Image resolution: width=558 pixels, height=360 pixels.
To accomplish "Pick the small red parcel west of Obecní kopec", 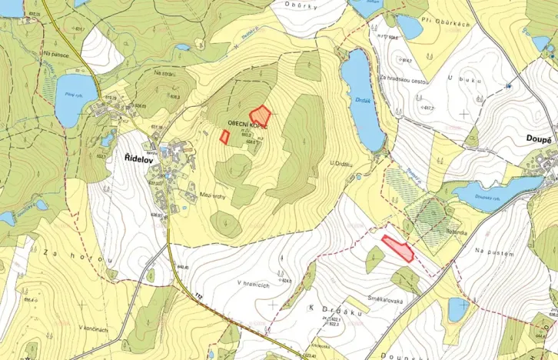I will [225, 136].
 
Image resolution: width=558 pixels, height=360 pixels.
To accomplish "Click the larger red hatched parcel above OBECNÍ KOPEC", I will [261, 115].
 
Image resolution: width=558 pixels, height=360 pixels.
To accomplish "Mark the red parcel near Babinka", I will [398, 248].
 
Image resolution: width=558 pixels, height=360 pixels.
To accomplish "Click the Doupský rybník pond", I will [492, 193].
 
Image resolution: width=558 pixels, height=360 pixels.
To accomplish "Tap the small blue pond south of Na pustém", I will [458, 308].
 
